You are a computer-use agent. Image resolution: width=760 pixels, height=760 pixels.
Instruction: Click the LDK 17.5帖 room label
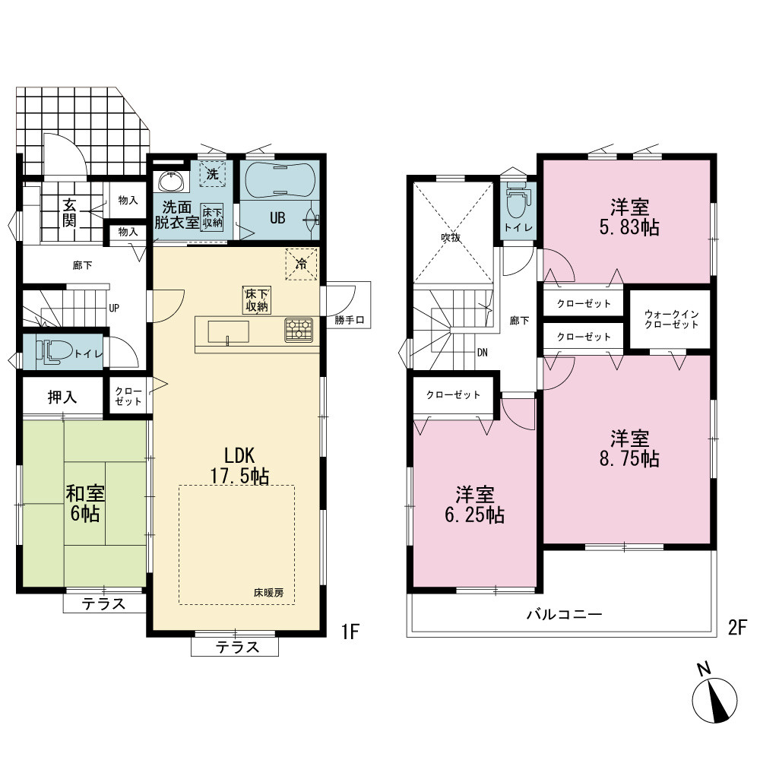click(239, 465)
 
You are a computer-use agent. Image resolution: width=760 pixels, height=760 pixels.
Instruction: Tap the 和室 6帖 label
click(85, 503)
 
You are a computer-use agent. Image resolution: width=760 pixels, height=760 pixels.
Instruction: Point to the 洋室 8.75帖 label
click(629, 448)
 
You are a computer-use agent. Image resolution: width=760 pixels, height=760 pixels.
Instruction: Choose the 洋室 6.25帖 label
click(474, 505)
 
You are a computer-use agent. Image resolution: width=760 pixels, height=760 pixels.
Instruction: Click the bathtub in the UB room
click(280, 179)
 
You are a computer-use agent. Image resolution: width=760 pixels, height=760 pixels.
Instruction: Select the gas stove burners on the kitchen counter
click(298, 330)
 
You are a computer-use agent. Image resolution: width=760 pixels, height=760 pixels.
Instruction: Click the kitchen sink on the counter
click(228, 331)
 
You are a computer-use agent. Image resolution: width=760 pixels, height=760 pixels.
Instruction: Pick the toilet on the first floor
click(54, 351)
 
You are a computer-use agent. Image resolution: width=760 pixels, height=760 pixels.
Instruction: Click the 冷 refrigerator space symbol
click(301, 264)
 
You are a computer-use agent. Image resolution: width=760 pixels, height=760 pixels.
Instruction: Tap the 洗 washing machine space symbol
click(213, 173)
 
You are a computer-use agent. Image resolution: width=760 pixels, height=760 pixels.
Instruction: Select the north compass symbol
click(714, 696)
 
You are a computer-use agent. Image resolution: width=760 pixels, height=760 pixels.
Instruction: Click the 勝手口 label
click(349, 321)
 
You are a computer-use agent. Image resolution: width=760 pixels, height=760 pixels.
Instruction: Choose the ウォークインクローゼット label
click(671, 319)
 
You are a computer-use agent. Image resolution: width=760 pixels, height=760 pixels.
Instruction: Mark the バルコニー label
click(564, 615)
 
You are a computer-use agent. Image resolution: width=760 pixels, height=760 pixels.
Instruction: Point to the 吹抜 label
click(450, 237)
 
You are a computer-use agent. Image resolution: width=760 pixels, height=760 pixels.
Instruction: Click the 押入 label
click(62, 397)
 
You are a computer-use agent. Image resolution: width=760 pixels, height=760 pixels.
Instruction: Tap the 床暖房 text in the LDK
click(268, 592)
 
